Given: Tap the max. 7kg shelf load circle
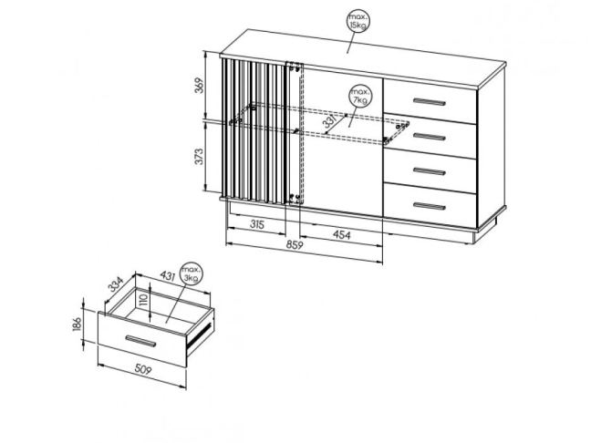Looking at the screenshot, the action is click(x=360, y=96).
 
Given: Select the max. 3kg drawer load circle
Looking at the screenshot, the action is click(x=192, y=273).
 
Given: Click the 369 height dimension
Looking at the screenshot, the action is click(x=200, y=86).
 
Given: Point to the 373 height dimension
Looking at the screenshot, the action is click(x=199, y=157).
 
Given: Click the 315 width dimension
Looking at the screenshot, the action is click(x=257, y=224).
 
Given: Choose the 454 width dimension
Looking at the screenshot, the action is click(x=341, y=234).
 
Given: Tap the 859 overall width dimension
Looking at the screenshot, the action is click(x=295, y=245).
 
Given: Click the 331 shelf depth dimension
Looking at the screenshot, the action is click(x=330, y=121).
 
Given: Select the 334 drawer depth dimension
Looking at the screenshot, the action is click(x=116, y=284).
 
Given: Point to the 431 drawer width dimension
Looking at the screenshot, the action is click(x=168, y=276).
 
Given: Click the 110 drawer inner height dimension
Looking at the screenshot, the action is click(x=142, y=300).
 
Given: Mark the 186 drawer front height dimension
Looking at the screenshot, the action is click(x=77, y=324).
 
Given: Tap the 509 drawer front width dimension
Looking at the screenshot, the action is click(x=142, y=369).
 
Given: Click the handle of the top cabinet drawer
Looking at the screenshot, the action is click(x=430, y=101).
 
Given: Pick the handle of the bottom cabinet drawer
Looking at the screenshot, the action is click(x=430, y=206).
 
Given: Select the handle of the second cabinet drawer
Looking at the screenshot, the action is click(x=430, y=137).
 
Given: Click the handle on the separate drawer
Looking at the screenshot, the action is click(x=141, y=341).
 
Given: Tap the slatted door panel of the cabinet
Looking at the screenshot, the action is click(x=254, y=131).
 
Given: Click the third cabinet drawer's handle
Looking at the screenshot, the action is click(x=430, y=171).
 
